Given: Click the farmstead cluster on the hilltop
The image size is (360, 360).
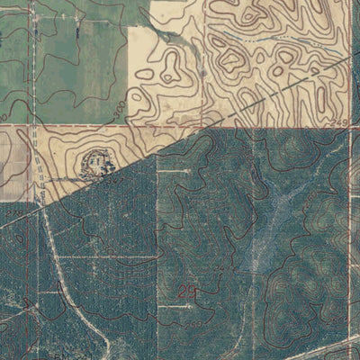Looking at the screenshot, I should (x=95, y=164).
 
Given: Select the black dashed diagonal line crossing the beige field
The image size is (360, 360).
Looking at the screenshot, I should (x=270, y=94).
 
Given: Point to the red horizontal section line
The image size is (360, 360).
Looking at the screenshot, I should (x=270, y=128).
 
